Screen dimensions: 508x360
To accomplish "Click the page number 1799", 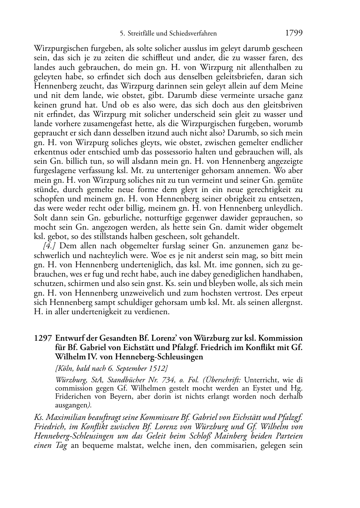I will (x=294, y=33).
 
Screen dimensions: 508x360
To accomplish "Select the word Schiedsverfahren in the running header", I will (x=194, y=34).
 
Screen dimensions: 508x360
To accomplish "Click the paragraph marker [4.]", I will (x=50, y=246).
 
